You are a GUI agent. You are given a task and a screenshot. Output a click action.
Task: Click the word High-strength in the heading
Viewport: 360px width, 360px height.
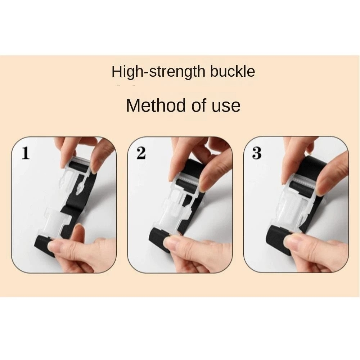(158, 72)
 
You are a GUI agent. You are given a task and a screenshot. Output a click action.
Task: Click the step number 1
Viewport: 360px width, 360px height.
(26, 153)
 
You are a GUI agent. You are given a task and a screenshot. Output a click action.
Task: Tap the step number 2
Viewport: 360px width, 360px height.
(141, 153)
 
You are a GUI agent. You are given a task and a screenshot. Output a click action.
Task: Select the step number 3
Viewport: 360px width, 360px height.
(257, 153)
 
